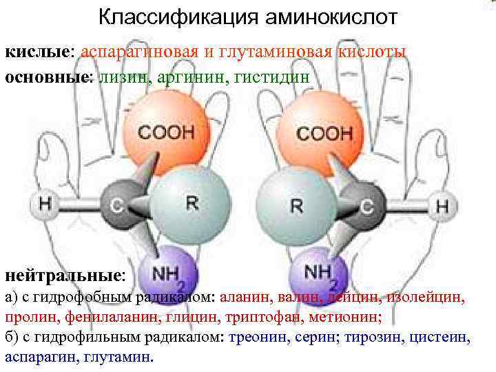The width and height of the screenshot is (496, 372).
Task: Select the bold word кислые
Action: pyautogui.click(x=39, y=52)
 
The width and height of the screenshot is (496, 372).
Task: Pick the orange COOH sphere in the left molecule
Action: pyautogui.click(x=165, y=131)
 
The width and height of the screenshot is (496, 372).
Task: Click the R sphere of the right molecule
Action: pyautogui.click(x=295, y=205)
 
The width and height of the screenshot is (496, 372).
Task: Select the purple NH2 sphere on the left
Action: pyautogui.click(x=168, y=274)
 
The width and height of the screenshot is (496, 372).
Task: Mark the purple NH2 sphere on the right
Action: pyautogui.click(x=319, y=274)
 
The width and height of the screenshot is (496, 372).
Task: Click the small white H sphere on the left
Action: pyautogui.click(x=45, y=205)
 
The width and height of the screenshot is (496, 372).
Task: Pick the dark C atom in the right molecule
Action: pyautogui.click(x=367, y=205)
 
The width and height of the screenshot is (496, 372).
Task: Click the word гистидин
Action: pyautogui.click(x=277, y=76)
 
